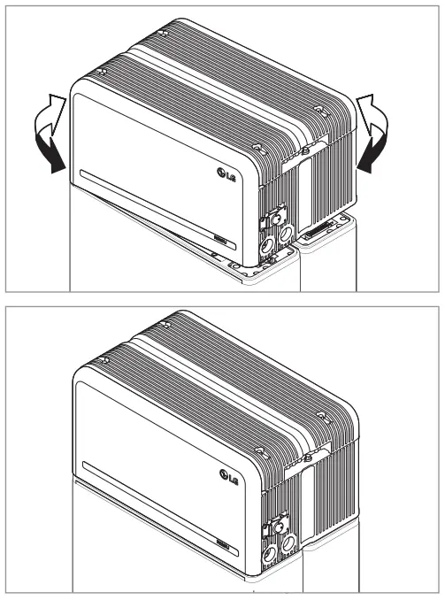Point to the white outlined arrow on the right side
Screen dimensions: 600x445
click(372, 110)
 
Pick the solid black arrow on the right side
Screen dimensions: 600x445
click(371, 155)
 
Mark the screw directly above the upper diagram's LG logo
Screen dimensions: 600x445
click(257, 147)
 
